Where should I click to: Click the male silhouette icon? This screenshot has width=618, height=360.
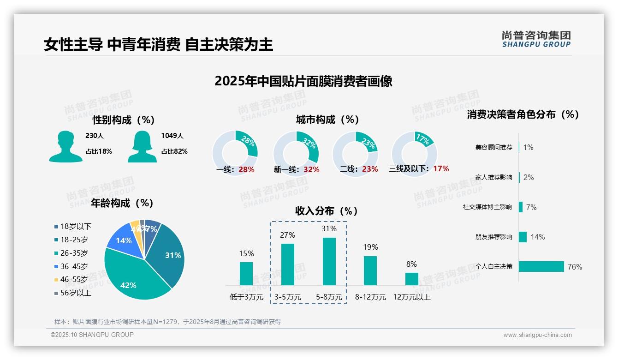65,147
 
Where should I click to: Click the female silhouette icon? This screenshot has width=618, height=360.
142,147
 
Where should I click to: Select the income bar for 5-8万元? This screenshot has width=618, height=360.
329,261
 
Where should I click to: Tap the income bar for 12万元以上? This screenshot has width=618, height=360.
412,279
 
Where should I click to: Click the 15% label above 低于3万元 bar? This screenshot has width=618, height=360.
246,253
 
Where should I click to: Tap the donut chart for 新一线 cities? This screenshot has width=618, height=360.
296,153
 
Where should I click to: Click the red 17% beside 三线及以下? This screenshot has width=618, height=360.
441,169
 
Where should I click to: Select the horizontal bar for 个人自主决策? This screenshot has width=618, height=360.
541,266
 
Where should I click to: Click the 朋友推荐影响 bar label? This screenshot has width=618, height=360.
493,237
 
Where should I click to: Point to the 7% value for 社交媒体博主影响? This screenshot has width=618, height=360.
531,207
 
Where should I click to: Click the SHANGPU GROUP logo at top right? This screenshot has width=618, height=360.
536,39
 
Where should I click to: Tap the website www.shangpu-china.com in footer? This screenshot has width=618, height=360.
537,335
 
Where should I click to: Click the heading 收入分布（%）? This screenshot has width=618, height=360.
327,211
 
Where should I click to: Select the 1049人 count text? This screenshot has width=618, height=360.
172,136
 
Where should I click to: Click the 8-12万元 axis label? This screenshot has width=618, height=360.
370,297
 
